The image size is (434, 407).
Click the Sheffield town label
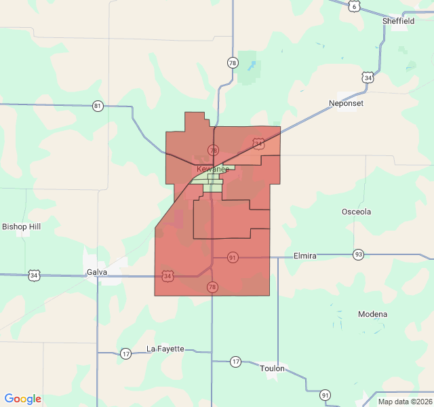pos(398,21)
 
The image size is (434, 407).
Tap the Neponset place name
pos(346,104)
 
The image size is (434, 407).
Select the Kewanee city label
pos(213,169)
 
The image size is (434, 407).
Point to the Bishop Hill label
pos(22,227)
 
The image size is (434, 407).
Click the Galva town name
pos(97,273)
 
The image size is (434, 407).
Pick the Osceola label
pos(356,212)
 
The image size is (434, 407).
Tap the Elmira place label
pos(304,256)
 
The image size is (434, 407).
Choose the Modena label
pos(373,314)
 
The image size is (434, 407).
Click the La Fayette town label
pos(165,349)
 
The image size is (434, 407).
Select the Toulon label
pos(273,368)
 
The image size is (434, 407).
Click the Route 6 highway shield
pos(355,5)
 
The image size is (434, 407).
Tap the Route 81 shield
pos(98,106)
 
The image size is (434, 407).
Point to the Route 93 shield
pos(358,254)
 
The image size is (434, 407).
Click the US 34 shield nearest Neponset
pos(368,77)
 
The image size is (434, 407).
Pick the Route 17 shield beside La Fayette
pos(125,353)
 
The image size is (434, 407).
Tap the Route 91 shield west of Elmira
pos(233,258)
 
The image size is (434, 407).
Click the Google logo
pos(22,399)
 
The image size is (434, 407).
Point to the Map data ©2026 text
pos(403,402)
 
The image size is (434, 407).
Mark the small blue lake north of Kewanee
pos(252,66)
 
